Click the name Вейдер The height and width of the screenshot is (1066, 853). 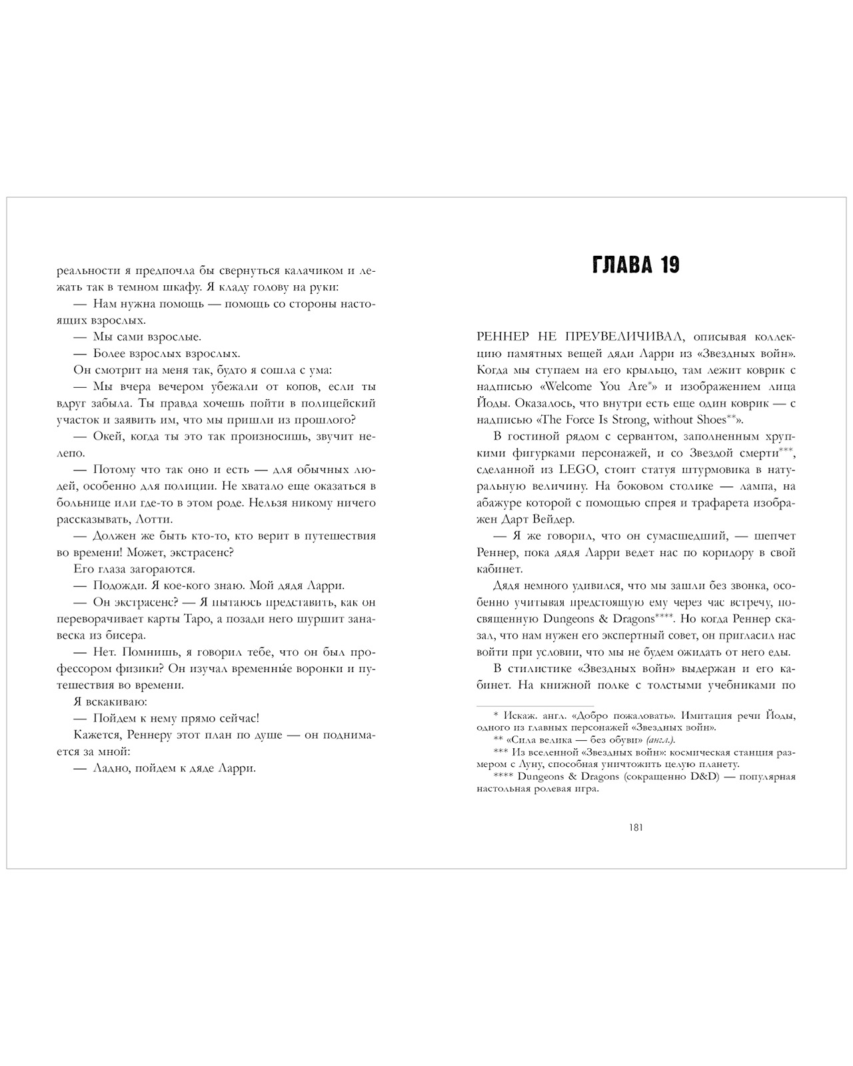point(548,519)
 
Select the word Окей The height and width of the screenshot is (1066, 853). point(107,436)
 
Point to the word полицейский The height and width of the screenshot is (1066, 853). point(340,403)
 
